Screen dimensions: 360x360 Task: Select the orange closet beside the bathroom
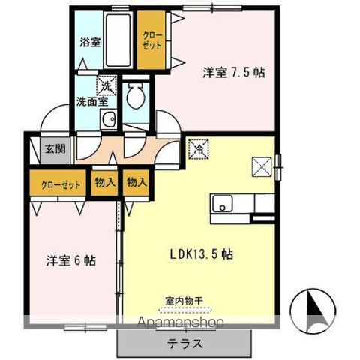[151, 38]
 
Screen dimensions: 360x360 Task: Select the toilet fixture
[137, 96]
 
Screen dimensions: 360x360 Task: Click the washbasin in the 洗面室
[109, 118]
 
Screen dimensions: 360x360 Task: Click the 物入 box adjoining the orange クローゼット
[104, 183]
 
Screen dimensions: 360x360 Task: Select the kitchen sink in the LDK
[222, 203]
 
